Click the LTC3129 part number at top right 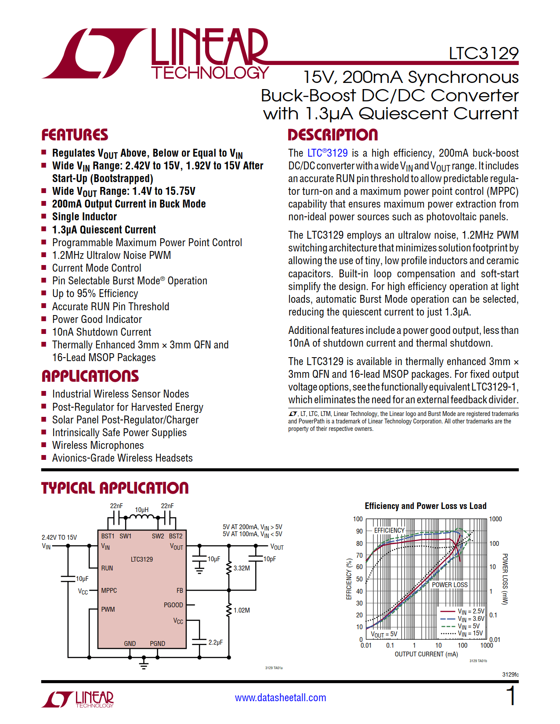[483, 54]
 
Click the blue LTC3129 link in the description [327, 153]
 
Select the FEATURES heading [75, 135]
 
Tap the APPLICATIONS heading [90, 376]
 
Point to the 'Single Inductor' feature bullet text [84, 217]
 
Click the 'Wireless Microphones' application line [98, 445]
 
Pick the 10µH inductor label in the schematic [141, 509]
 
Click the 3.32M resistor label [242, 568]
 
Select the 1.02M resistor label [242, 610]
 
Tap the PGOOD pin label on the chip [173, 605]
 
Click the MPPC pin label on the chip [109, 591]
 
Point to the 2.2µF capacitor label [215, 642]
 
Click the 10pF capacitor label [270, 559]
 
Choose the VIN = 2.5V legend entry [471, 611]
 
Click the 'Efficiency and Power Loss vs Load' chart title [425, 506]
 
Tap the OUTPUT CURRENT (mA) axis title [426, 654]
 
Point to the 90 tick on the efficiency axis [359, 531]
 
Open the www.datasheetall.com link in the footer [280, 698]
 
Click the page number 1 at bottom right [511, 696]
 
